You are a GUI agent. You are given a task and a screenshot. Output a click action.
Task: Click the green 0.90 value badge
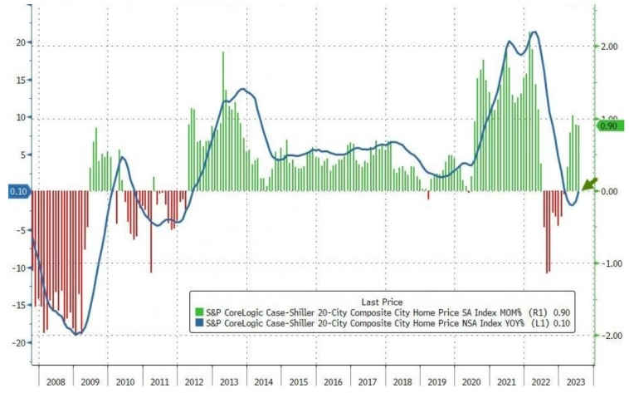click(608, 126)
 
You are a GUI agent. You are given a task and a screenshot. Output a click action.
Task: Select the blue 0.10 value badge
click(15, 191)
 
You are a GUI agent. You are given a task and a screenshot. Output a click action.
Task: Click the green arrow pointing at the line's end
click(590, 184)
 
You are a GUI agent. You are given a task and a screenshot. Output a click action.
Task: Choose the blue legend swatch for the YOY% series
click(197, 322)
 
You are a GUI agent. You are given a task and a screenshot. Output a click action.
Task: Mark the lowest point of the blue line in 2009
click(77, 334)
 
